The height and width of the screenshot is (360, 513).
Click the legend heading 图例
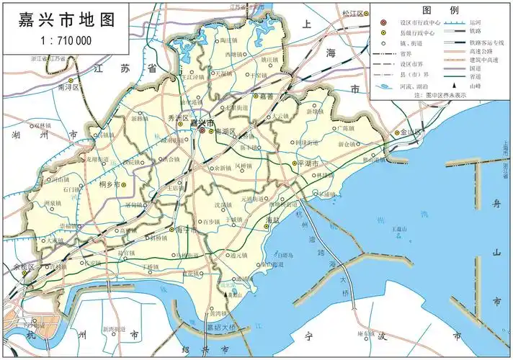[x=440, y=10]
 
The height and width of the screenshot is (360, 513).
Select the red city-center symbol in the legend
[x=383, y=22]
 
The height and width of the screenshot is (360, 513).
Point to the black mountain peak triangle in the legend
[x=454, y=86]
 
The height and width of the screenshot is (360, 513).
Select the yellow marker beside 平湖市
[x=294, y=164]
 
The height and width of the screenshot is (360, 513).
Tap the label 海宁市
[x=186, y=230]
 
